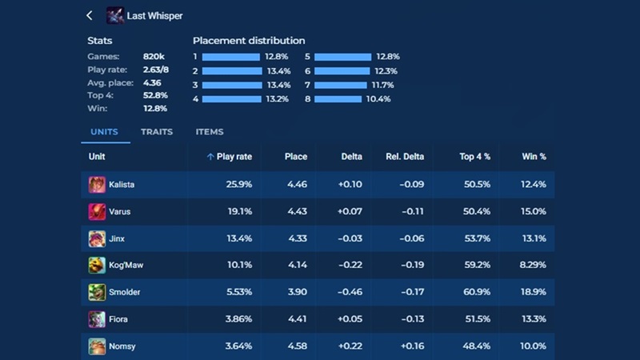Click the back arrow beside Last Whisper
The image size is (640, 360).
pos(90,15)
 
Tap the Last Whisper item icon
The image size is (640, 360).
pos(115,15)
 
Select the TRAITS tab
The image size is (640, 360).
pos(157,132)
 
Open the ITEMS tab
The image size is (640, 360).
pos(210,132)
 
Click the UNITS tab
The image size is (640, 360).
pos(104,132)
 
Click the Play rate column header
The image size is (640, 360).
pos(230,157)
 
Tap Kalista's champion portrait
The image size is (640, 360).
pos(97,185)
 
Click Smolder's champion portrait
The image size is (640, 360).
pos(97,292)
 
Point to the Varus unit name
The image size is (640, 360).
pos(120,212)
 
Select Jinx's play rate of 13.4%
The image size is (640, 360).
pos(239,238)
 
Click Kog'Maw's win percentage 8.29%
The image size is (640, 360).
pos(532,266)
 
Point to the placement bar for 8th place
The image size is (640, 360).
pos(339,99)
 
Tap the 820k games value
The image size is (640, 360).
pos(154,57)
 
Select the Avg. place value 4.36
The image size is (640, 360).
pos(152,82)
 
